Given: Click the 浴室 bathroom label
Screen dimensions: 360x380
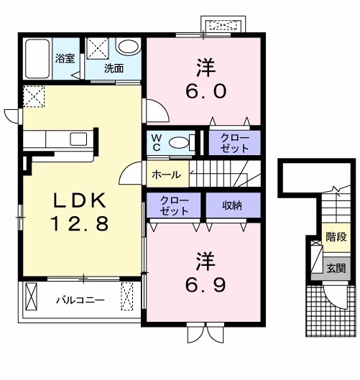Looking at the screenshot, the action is (65, 58).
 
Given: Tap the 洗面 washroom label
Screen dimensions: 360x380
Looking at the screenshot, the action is (114, 68).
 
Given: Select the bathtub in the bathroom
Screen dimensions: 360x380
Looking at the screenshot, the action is (37, 59).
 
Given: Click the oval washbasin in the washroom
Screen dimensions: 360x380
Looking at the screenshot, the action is (128, 47).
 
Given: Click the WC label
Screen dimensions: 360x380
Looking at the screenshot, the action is (157, 142).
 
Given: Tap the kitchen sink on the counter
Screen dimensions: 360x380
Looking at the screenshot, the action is (78, 139).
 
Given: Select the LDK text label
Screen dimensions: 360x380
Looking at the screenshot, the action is (80, 200).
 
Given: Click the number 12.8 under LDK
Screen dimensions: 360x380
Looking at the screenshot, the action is (80, 223).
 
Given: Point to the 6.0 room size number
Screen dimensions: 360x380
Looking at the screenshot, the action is (206, 91).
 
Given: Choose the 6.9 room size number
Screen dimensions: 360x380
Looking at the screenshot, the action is (206, 284).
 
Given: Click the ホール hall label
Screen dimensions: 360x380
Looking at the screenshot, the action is (166, 175).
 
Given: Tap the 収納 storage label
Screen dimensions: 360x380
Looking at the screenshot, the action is (232, 205).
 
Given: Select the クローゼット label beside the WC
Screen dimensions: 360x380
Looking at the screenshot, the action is (235, 143).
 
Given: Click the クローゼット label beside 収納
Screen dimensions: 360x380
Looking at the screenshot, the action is (175, 205).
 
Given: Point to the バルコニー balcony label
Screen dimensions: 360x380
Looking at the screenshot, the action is (80, 300).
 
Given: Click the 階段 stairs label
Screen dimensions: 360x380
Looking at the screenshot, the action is (336, 236).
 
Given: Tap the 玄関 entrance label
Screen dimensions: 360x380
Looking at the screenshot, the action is (336, 268).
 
